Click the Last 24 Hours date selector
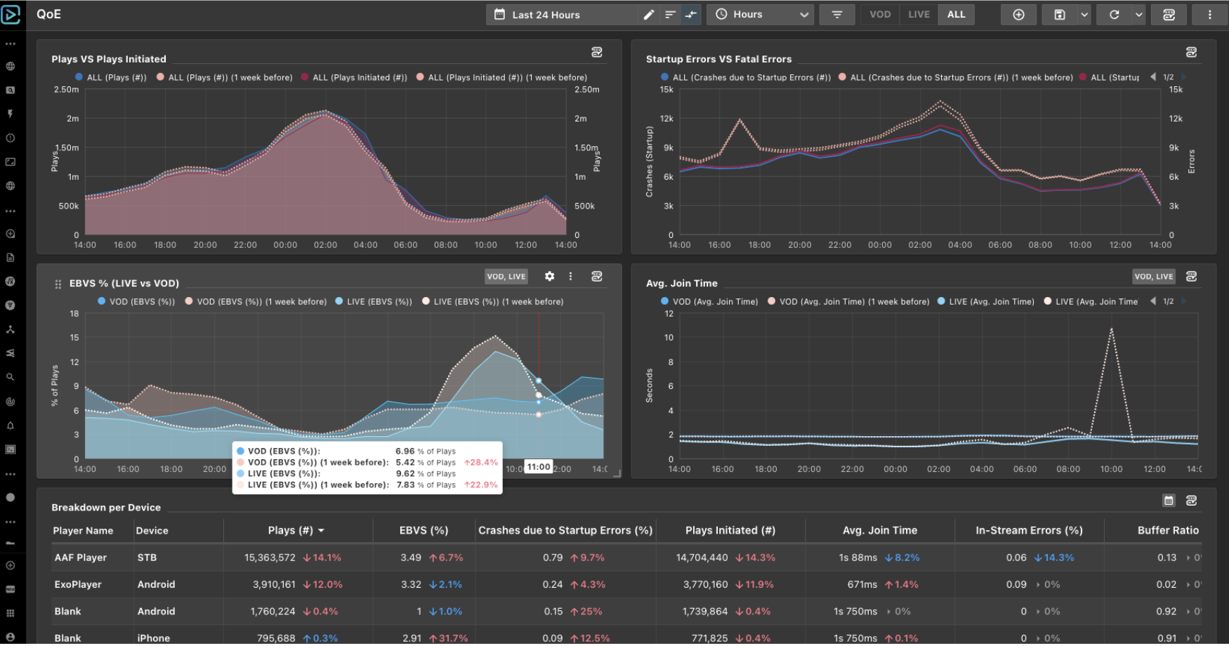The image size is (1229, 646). click(x=546, y=15)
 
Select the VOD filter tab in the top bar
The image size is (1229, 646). click(x=880, y=15)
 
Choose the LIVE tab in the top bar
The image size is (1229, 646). click(x=919, y=15)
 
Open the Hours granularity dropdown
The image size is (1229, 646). click(x=762, y=15)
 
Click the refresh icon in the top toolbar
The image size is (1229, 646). click(x=1114, y=15)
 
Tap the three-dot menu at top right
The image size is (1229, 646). click(x=1209, y=15)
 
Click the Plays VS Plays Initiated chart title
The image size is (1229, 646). click(x=109, y=59)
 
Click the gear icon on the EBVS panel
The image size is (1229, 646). click(x=549, y=277)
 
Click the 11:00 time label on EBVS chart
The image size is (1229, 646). click(x=539, y=468)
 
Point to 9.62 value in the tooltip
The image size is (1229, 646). click(x=405, y=474)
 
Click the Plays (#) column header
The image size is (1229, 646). click(x=290, y=531)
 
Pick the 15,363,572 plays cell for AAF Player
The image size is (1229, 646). click(x=270, y=558)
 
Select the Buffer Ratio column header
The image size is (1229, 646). click(x=1167, y=531)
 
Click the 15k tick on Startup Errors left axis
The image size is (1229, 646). click(x=666, y=90)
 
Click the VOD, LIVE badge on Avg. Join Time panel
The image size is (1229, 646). click(x=1154, y=277)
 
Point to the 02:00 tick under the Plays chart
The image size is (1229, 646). click(x=325, y=245)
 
